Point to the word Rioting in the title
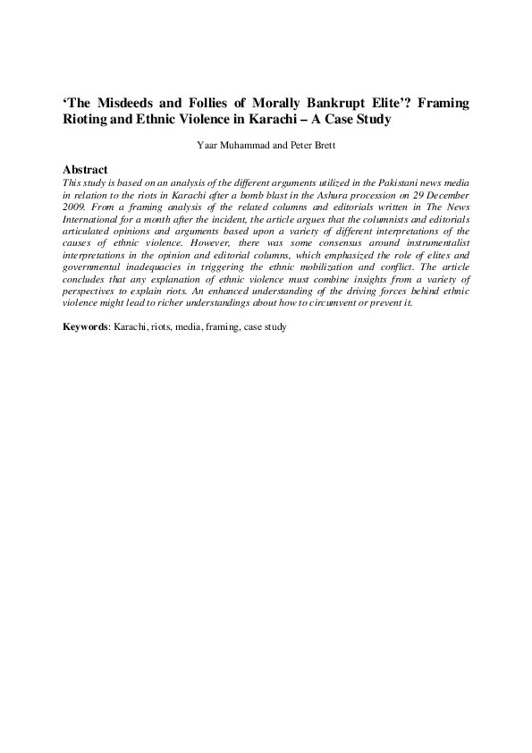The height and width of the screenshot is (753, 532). [x=87, y=120]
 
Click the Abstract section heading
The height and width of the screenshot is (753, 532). [x=86, y=169]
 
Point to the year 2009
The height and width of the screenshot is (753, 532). [x=75, y=205]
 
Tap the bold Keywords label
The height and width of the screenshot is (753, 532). [x=85, y=327]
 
